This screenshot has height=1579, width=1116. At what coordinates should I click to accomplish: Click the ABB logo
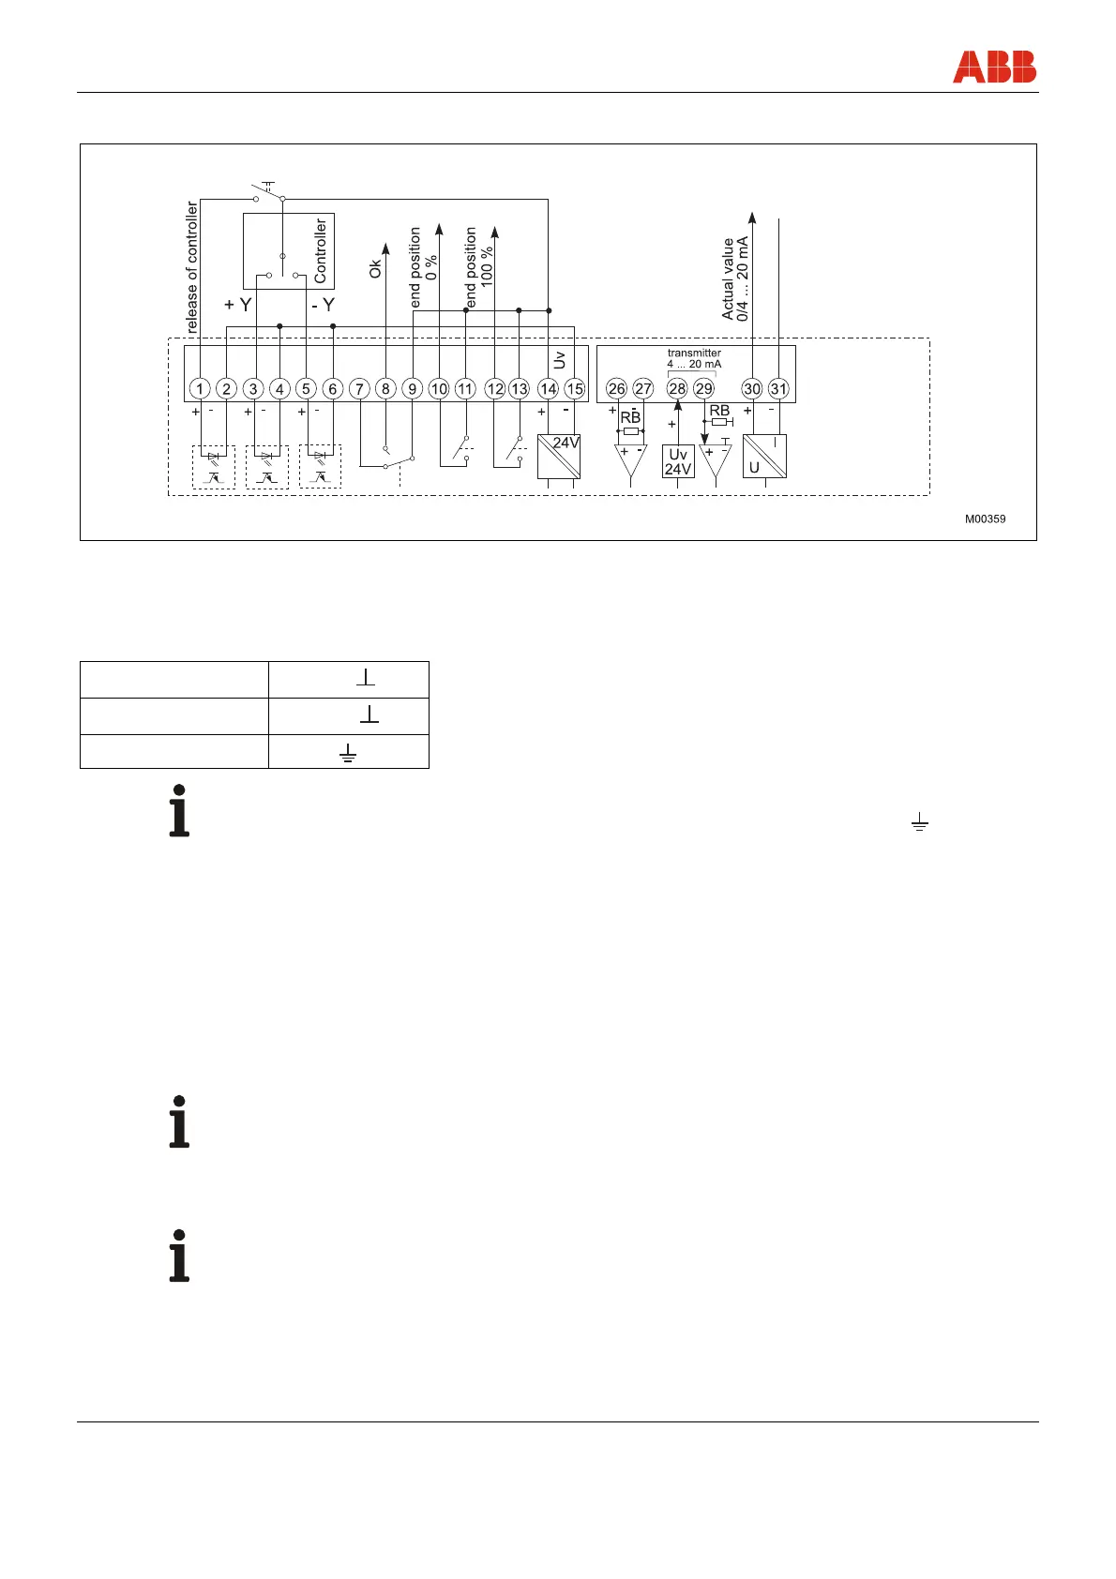pyautogui.click(x=994, y=67)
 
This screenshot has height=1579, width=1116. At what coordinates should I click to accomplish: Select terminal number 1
pyautogui.click(x=199, y=388)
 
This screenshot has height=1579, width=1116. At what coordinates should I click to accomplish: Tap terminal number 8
pyautogui.click(x=385, y=388)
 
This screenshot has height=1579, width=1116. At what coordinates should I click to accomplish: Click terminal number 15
pyautogui.click(x=574, y=388)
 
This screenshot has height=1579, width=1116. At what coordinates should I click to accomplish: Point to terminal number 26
pyautogui.click(x=616, y=388)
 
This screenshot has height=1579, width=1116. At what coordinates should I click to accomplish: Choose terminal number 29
pyautogui.click(x=703, y=388)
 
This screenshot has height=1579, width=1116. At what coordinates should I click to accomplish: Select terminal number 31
pyautogui.click(x=778, y=388)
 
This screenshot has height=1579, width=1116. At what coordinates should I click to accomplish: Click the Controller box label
pyautogui.click(x=321, y=250)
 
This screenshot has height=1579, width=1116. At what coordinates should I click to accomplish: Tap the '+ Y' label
pyautogui.click(x=238, y=305)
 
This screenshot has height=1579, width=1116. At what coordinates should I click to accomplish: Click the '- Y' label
pyautogui.click(x=323, y=305)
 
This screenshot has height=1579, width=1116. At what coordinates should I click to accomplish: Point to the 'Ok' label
pyautogui.click(x=376, y=268)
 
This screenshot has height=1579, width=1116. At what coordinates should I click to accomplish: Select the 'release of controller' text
pyautogui.click(x=192, y=267)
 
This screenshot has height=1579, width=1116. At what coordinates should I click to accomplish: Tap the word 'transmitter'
pyautogui.click(x=694, y=353)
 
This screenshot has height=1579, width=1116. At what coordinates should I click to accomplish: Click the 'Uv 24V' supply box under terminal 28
pyautogui.click(x=678, y=461)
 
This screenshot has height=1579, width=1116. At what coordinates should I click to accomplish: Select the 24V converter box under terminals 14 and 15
pyautogui.click(x=559, y=457)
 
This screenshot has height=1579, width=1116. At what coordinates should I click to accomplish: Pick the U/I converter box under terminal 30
pyautogui.click(x=764, y=457)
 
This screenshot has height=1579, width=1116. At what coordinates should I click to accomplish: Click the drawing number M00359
pyautogui.click(x=986, y=519)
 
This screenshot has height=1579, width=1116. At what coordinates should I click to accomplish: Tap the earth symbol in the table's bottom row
pyautogui.click(x=348, y=752)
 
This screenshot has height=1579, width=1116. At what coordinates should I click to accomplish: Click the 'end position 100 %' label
pyautogui.click(x=478, y=266)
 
